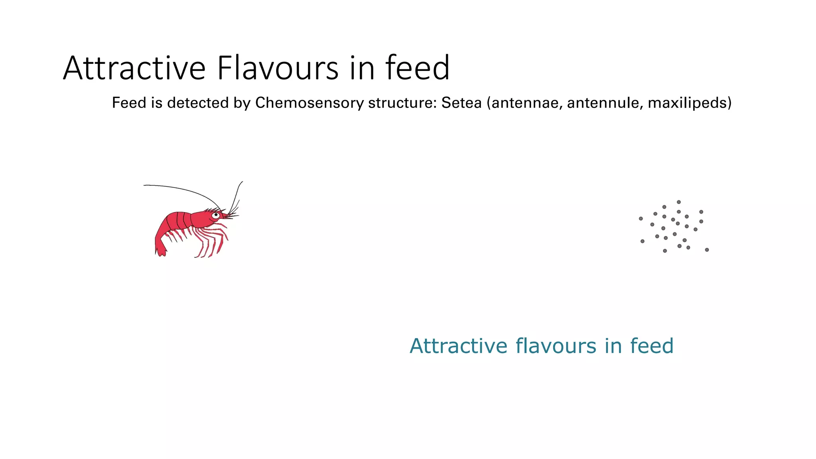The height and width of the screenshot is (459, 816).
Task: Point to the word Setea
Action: tap(461, 103)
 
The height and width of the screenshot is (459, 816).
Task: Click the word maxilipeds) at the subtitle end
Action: tap(690, 103)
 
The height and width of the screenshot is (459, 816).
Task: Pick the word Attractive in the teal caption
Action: tap(458, 346)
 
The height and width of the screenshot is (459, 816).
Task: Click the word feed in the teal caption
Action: tap(651, 346)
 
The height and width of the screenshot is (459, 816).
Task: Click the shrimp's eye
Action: tap(216, 215)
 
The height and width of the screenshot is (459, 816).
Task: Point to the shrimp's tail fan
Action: tap(160, 250)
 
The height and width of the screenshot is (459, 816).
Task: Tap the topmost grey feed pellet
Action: tap(679, 202)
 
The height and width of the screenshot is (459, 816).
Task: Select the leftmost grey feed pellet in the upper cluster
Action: tap(641, 218)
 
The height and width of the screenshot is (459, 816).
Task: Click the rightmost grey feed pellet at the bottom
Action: tap(707, 250)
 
